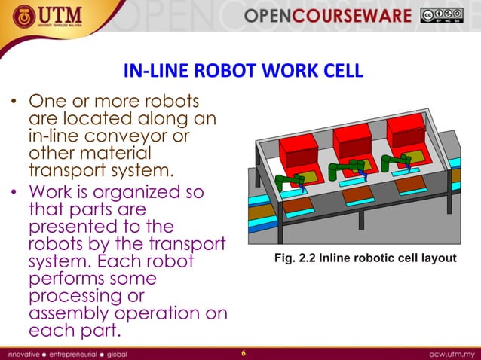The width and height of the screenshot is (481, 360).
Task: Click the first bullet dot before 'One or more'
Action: pyautogui.click(x=14, y=103)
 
